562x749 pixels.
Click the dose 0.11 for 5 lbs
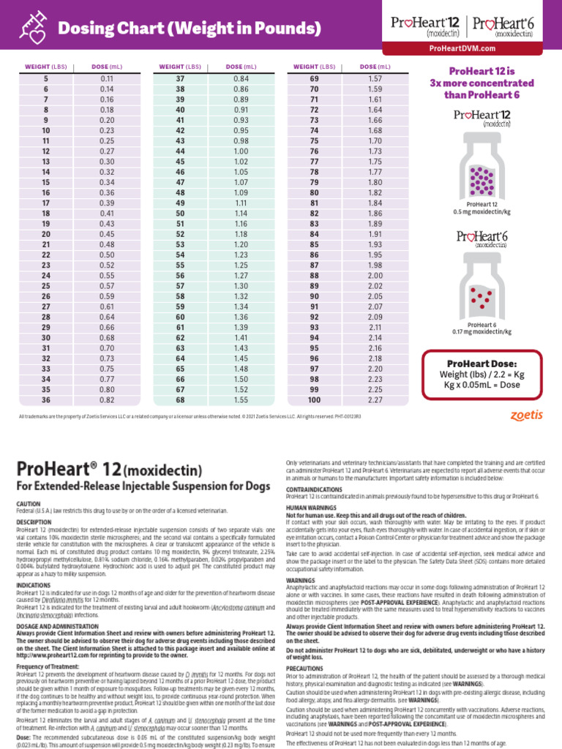(107, 78)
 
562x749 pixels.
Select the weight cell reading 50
(180, 214)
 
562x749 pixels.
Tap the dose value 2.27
(375, 400)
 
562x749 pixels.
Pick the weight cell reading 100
(315, 400)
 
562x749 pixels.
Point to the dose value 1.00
(241, 151)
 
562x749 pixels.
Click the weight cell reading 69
(315, 78)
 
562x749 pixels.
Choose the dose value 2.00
(375, 275)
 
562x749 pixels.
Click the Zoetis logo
(526, 415)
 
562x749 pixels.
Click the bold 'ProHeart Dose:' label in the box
(481, 364)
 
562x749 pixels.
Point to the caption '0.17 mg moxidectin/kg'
(481, 331)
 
